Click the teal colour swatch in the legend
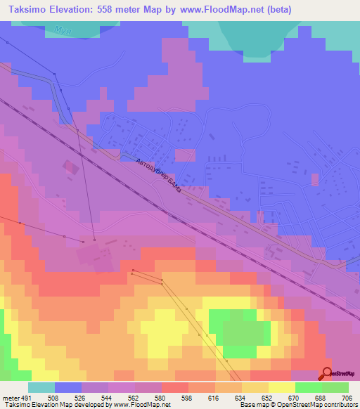tap(41, 387)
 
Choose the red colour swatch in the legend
tap(175, 387)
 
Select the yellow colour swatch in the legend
tap(282, 387)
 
